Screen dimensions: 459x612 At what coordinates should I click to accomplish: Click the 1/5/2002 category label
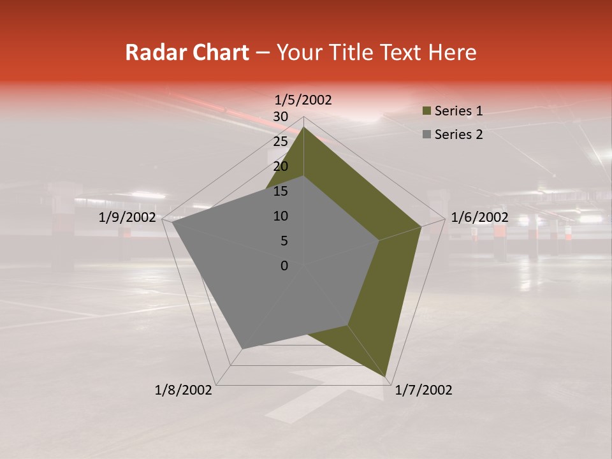(303, 99)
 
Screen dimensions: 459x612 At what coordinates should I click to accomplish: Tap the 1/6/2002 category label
(479, 217)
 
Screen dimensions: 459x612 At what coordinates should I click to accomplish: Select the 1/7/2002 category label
(423, 390)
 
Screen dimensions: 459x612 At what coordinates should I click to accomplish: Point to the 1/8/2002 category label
(184, 390)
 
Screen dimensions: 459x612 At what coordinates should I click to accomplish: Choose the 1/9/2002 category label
(127, 217)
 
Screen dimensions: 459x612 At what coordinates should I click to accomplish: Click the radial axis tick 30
(280, 117)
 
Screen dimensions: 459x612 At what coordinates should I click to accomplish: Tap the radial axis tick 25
(280, 142)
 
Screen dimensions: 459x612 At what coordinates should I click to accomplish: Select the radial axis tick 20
(280, 166)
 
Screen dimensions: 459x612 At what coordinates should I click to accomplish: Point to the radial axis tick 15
(280, 191)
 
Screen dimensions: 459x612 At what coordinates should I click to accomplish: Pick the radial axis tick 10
(280, 216)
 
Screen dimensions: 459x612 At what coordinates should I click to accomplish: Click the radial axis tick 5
(284, 241)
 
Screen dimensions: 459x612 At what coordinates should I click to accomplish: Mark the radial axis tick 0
(284, 266)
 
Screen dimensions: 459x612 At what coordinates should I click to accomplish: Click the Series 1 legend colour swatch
(426, 112)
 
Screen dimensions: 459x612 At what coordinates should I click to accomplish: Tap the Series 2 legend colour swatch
(426, 135)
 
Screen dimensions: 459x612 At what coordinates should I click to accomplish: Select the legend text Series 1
(458, 112)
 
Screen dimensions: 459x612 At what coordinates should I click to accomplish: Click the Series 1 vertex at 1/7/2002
(386, 376)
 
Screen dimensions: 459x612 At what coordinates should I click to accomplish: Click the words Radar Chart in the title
(187, 53)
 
